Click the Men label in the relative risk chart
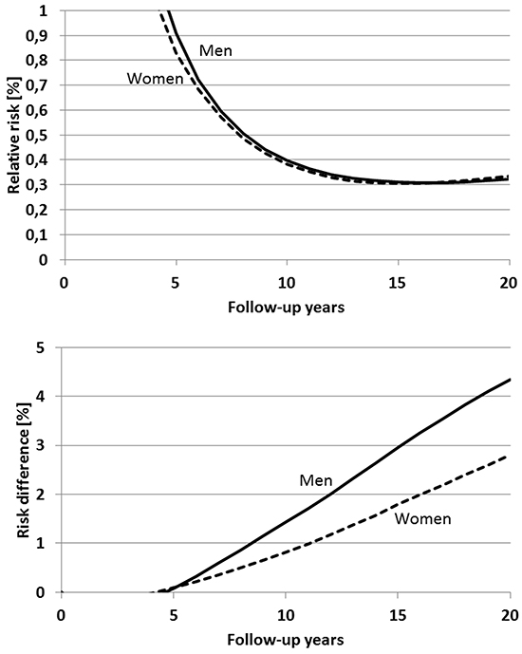point(215,50)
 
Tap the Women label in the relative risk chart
point(155,79)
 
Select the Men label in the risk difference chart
point(316,480)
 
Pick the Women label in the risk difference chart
point(422,518)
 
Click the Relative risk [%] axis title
point(14,135)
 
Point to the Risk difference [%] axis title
point(24,470)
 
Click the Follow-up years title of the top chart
point(286,308)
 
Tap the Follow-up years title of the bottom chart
point(286,640)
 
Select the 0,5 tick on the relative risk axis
point(37,136)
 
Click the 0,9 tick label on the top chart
point(37,36)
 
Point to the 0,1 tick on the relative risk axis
point(37,235)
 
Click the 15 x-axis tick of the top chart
point(398,283)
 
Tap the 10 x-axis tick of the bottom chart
point(286,616)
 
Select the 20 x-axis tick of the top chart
point(509,283)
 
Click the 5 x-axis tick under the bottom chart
point(174,616)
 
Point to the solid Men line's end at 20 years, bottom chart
point(510,379)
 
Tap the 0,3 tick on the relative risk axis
point(37,186)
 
